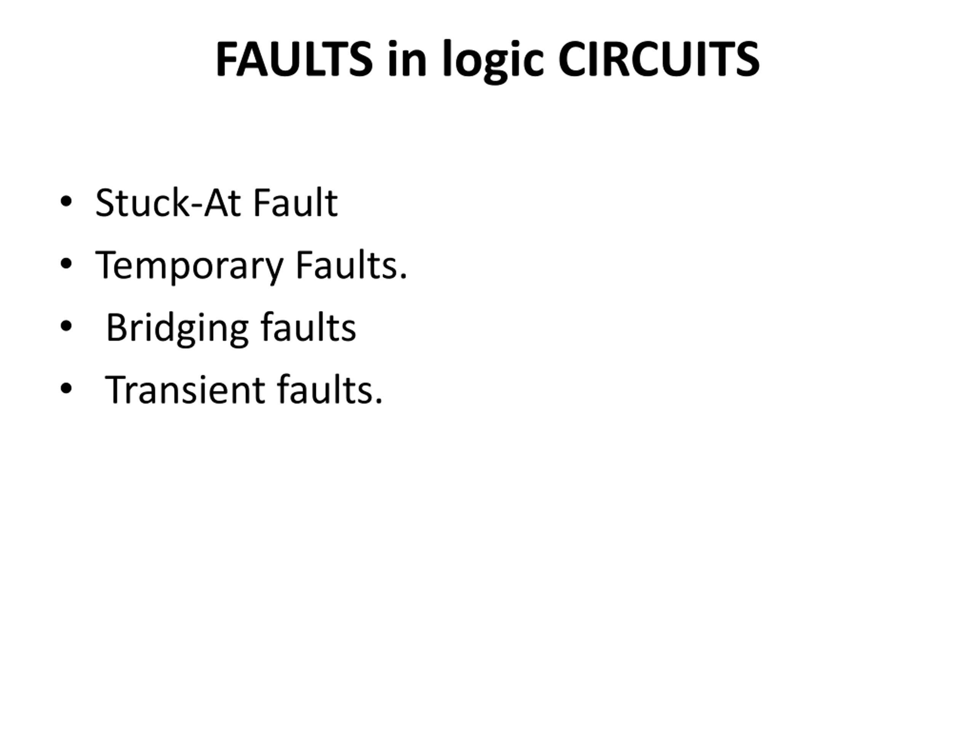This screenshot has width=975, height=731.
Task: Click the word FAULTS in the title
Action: tap(294, 59)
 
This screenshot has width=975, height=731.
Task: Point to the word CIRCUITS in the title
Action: tap(659, 59)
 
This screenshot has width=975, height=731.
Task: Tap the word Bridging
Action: tap(177, 328)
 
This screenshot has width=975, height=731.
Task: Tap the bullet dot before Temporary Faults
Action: tap(66, 264)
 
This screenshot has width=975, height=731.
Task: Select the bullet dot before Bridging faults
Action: tap(66, 327)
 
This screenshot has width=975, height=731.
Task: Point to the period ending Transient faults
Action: tap(379, 401)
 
